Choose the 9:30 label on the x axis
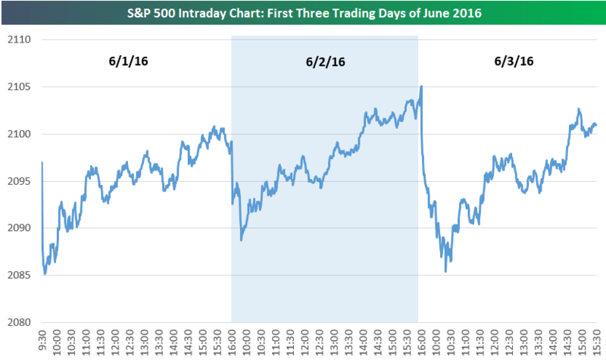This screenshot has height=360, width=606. point(42,340)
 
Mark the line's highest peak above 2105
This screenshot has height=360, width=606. point(420,86)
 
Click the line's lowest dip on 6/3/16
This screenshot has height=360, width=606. point(445,271)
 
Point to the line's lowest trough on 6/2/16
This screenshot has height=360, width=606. point(241,240)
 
